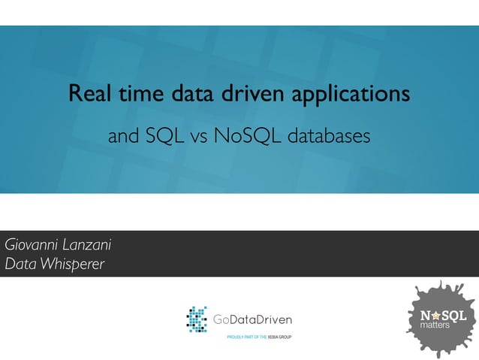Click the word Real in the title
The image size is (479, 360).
(86, 95)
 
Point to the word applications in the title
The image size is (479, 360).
(350, 96)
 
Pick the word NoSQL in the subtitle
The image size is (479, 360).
(247, 137)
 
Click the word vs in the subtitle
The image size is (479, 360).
(201, 138)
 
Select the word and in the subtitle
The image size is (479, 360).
(122, 137)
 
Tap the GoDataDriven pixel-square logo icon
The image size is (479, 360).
(197, 319)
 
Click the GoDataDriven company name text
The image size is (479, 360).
(252, 320)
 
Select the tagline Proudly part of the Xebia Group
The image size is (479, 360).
(259, 337)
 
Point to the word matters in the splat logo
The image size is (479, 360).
(435, 326)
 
